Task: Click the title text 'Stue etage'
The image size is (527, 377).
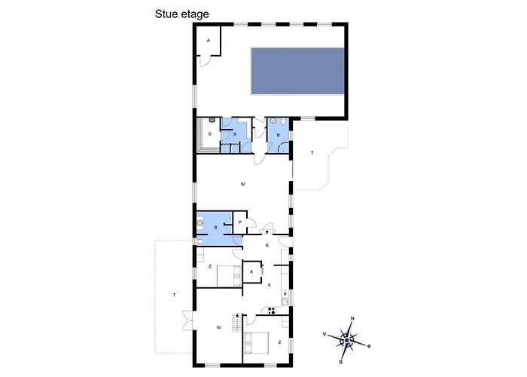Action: pyautogui.click(x=182, y=14)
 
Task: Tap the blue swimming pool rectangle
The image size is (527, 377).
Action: pyautogui.click(x=298, y=71)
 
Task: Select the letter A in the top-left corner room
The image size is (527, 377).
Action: pyautogui.click(x=209, y=41)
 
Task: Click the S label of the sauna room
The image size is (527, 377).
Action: pyautogui.click(x=210, y=134)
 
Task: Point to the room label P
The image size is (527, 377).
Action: pyautogui.click(x=239, y=222)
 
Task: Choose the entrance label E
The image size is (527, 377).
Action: pyautogui.click(x=267, y=246)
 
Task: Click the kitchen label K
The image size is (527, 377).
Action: pyautogui.click(x=270, y=285)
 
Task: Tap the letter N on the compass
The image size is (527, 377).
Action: pyautogui.click(x=352, y=318)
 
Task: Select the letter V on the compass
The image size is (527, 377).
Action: pyautogui.click(x=324, y=334)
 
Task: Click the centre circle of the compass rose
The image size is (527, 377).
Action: pyautogui.click(x=347, y=341)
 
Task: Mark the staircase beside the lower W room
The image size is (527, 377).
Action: pyautogui.click(x=237, y=323)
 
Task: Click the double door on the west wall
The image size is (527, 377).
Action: pyautogui.click(x=188, y=320)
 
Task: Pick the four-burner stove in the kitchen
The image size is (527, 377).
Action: pyautogui.click(x=271, y=311)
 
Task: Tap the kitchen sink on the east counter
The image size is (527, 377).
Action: pyautogui.click(x=285, y=302)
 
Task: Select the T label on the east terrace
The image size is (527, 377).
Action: pyautogui.click(x=312, y=153)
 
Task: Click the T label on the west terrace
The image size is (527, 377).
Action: pyautogui.click(x=174, y=296)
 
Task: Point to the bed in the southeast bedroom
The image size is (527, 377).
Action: pyautogui.click(x=256, y=342)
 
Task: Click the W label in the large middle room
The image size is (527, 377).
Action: pyautogui.click(x=242, y=184)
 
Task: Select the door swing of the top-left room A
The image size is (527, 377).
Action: pyautogui.click(x=205, y=61)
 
